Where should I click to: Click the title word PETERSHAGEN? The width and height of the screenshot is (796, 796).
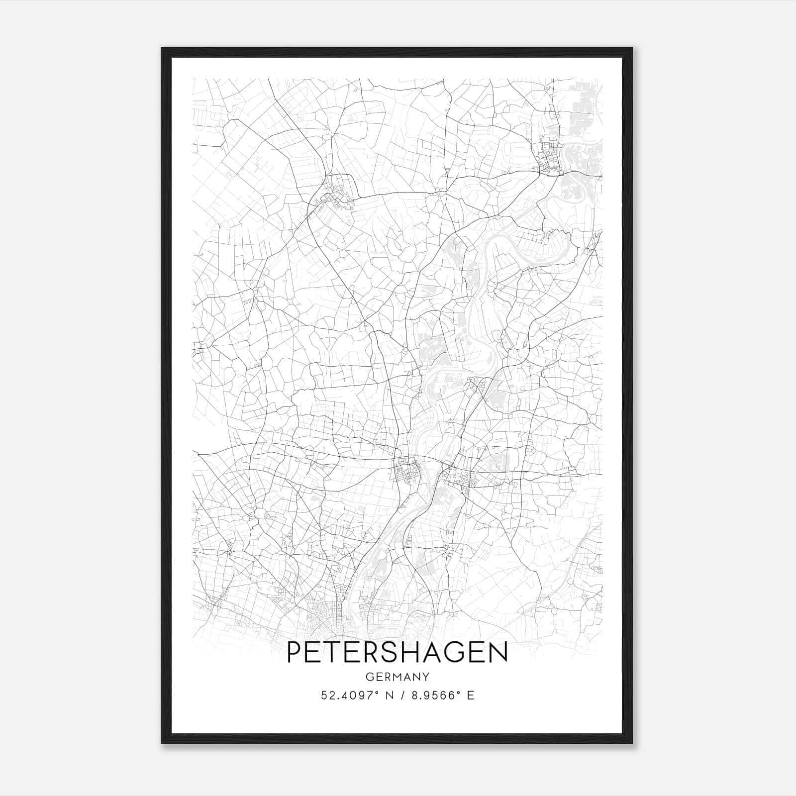pos(397,653)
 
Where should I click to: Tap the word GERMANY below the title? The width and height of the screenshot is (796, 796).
pos(397,677)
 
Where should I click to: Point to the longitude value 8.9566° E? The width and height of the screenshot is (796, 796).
pos(441,696)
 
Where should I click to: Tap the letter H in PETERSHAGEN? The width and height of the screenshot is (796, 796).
pos(411,653)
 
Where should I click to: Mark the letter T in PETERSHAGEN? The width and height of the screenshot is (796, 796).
pos(335,653)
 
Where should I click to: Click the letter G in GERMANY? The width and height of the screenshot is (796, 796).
pos(369,677)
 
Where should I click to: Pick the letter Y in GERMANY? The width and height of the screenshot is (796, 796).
pos(426,677)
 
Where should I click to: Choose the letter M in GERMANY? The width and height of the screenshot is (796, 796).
pos(398,677)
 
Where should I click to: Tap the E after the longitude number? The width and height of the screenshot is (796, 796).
pos(471,696)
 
